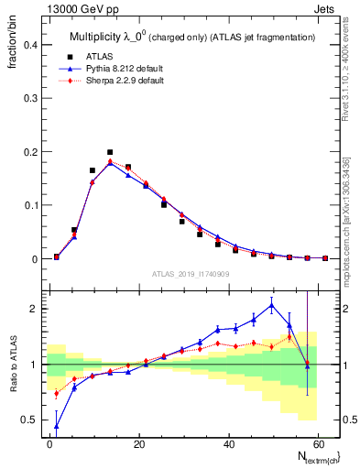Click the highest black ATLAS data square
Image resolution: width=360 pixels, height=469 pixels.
[110, 152]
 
